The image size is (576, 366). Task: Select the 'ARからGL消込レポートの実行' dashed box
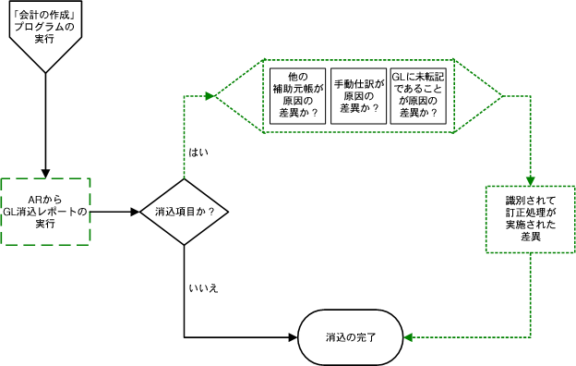(x=45, y=211)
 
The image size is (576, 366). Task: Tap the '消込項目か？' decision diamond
(x=185, y=211)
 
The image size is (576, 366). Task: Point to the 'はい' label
(x=198, y=152)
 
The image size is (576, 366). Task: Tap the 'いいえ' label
(x=203, y=289)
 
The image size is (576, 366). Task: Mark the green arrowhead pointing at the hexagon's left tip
(x=210, y=95)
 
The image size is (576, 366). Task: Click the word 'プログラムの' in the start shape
(x=43, y=27)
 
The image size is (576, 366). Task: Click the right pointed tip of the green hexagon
(x=502, y=95)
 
